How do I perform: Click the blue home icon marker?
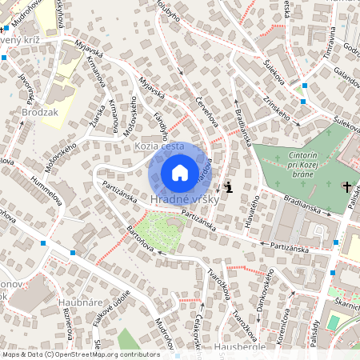coord(180,172)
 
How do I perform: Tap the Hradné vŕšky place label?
coord(179,198)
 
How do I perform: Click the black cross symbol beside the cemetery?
coord(346,187)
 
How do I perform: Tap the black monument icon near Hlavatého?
coord(230,188)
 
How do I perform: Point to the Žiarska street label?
coord(99,120)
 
